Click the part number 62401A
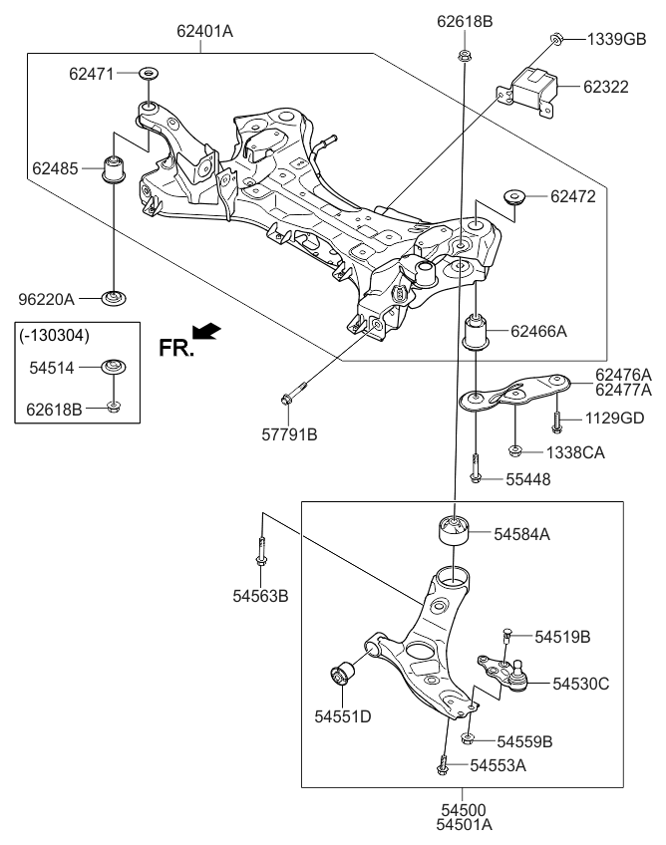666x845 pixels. click(204, 31)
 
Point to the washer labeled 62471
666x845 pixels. click(148, 74)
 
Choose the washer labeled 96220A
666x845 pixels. click(115, 297)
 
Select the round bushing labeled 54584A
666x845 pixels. click(454, 529)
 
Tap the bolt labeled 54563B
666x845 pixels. click(260, 551)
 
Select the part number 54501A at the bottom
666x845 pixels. click(464, 825)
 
